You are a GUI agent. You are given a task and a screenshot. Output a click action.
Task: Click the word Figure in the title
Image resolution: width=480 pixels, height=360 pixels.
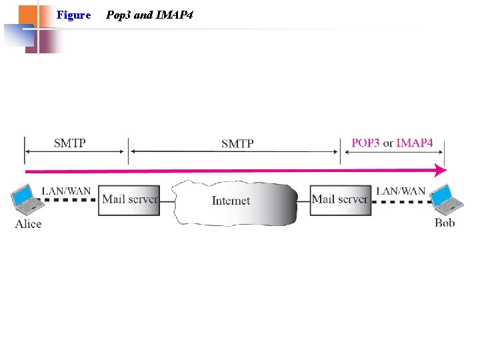click(73, 15)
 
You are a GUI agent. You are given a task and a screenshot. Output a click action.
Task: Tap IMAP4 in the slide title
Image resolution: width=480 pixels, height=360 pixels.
click(174, 15)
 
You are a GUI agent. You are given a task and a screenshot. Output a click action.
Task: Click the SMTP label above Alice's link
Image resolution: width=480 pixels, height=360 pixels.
click(69, 143)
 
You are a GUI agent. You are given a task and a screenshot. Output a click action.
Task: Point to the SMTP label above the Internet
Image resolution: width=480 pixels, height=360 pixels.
click(237, 143)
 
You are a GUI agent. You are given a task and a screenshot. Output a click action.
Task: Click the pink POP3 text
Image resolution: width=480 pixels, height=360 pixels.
click(365, 143)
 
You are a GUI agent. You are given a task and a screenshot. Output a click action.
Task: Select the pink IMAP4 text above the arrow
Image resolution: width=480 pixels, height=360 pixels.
click(415, 143)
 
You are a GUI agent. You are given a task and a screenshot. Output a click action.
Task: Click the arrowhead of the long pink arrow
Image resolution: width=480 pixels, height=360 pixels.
click(440, 170)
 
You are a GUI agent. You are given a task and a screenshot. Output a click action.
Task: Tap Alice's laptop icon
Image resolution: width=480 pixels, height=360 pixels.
click(25, 198)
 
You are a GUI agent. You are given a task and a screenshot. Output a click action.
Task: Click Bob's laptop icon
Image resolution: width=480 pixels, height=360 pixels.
click(443, 198)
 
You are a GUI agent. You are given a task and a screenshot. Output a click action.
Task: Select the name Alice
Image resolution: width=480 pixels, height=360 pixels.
click(28, 224)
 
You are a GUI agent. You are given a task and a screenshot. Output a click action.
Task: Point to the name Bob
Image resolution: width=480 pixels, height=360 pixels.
click(445, 223)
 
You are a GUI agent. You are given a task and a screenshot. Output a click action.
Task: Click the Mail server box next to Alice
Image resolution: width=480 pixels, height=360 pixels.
click(129, 199)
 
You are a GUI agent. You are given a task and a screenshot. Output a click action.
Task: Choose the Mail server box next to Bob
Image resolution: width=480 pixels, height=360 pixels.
click(340, 199)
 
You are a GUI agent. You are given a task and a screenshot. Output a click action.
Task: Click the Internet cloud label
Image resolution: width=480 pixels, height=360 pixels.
click(231, 200)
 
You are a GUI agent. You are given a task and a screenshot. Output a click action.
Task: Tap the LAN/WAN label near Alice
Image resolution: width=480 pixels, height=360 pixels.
click(66, 191)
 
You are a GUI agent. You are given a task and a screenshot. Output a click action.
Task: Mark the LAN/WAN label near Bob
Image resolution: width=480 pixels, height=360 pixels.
click(401, 191)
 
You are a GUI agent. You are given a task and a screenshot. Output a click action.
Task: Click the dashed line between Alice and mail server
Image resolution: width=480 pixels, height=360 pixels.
click(70, 200)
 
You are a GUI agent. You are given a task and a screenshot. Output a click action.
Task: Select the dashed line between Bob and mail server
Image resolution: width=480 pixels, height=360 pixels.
click(400, 200)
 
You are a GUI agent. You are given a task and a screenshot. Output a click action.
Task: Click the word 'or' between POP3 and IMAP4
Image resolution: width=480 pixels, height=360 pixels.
click(388, 143)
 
